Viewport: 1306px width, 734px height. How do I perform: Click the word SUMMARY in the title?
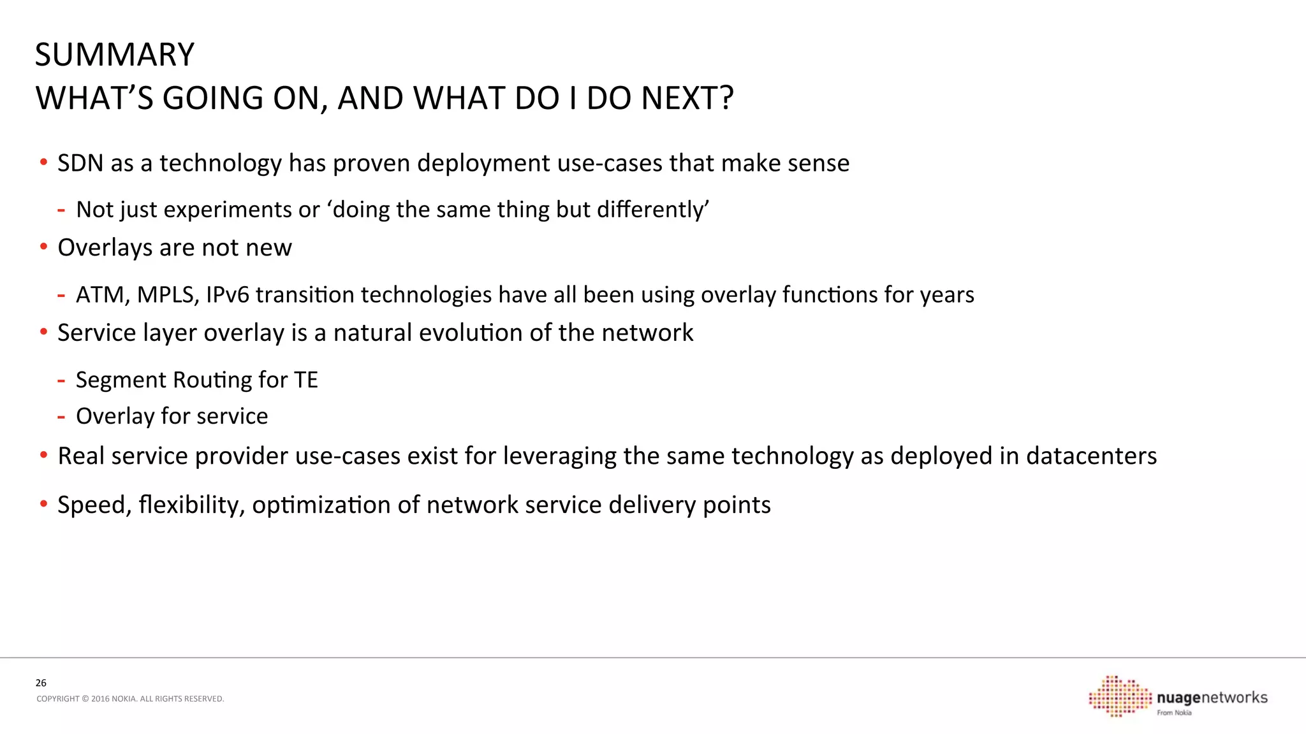114,55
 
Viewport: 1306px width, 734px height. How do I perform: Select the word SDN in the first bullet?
80,164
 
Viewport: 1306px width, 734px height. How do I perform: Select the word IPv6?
227,295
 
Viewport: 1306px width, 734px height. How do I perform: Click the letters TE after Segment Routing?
305,380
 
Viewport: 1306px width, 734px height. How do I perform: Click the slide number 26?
41,683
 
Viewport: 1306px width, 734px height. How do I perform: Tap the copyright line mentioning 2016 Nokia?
130,699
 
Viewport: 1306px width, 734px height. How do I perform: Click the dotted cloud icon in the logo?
1120,696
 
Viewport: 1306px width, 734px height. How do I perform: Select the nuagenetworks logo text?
1212,698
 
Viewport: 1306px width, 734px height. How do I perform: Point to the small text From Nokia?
1174,713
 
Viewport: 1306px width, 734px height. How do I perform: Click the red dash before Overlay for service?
61,417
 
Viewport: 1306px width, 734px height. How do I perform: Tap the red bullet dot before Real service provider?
43,455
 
